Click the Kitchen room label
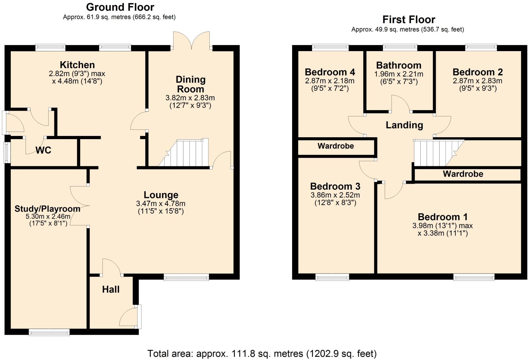pos(77,65)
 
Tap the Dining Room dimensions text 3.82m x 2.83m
pos(190,98)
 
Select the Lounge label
pos(161,195)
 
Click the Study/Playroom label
pos(47,209)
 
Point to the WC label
pos(43,150)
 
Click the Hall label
pos(111,289)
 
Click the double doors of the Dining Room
pos(191,41)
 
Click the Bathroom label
pos(399,66)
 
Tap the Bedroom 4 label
pos(330,72)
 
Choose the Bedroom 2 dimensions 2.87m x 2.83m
pos(477,81)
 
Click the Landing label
pos(404,125)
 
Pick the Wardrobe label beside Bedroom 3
pos(336,146)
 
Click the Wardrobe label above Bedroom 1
pos(463,174)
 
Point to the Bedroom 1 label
pos(442,217)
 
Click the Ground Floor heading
pos(120,7)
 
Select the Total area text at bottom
pos(262,353)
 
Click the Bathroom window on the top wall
pos(400,48)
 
